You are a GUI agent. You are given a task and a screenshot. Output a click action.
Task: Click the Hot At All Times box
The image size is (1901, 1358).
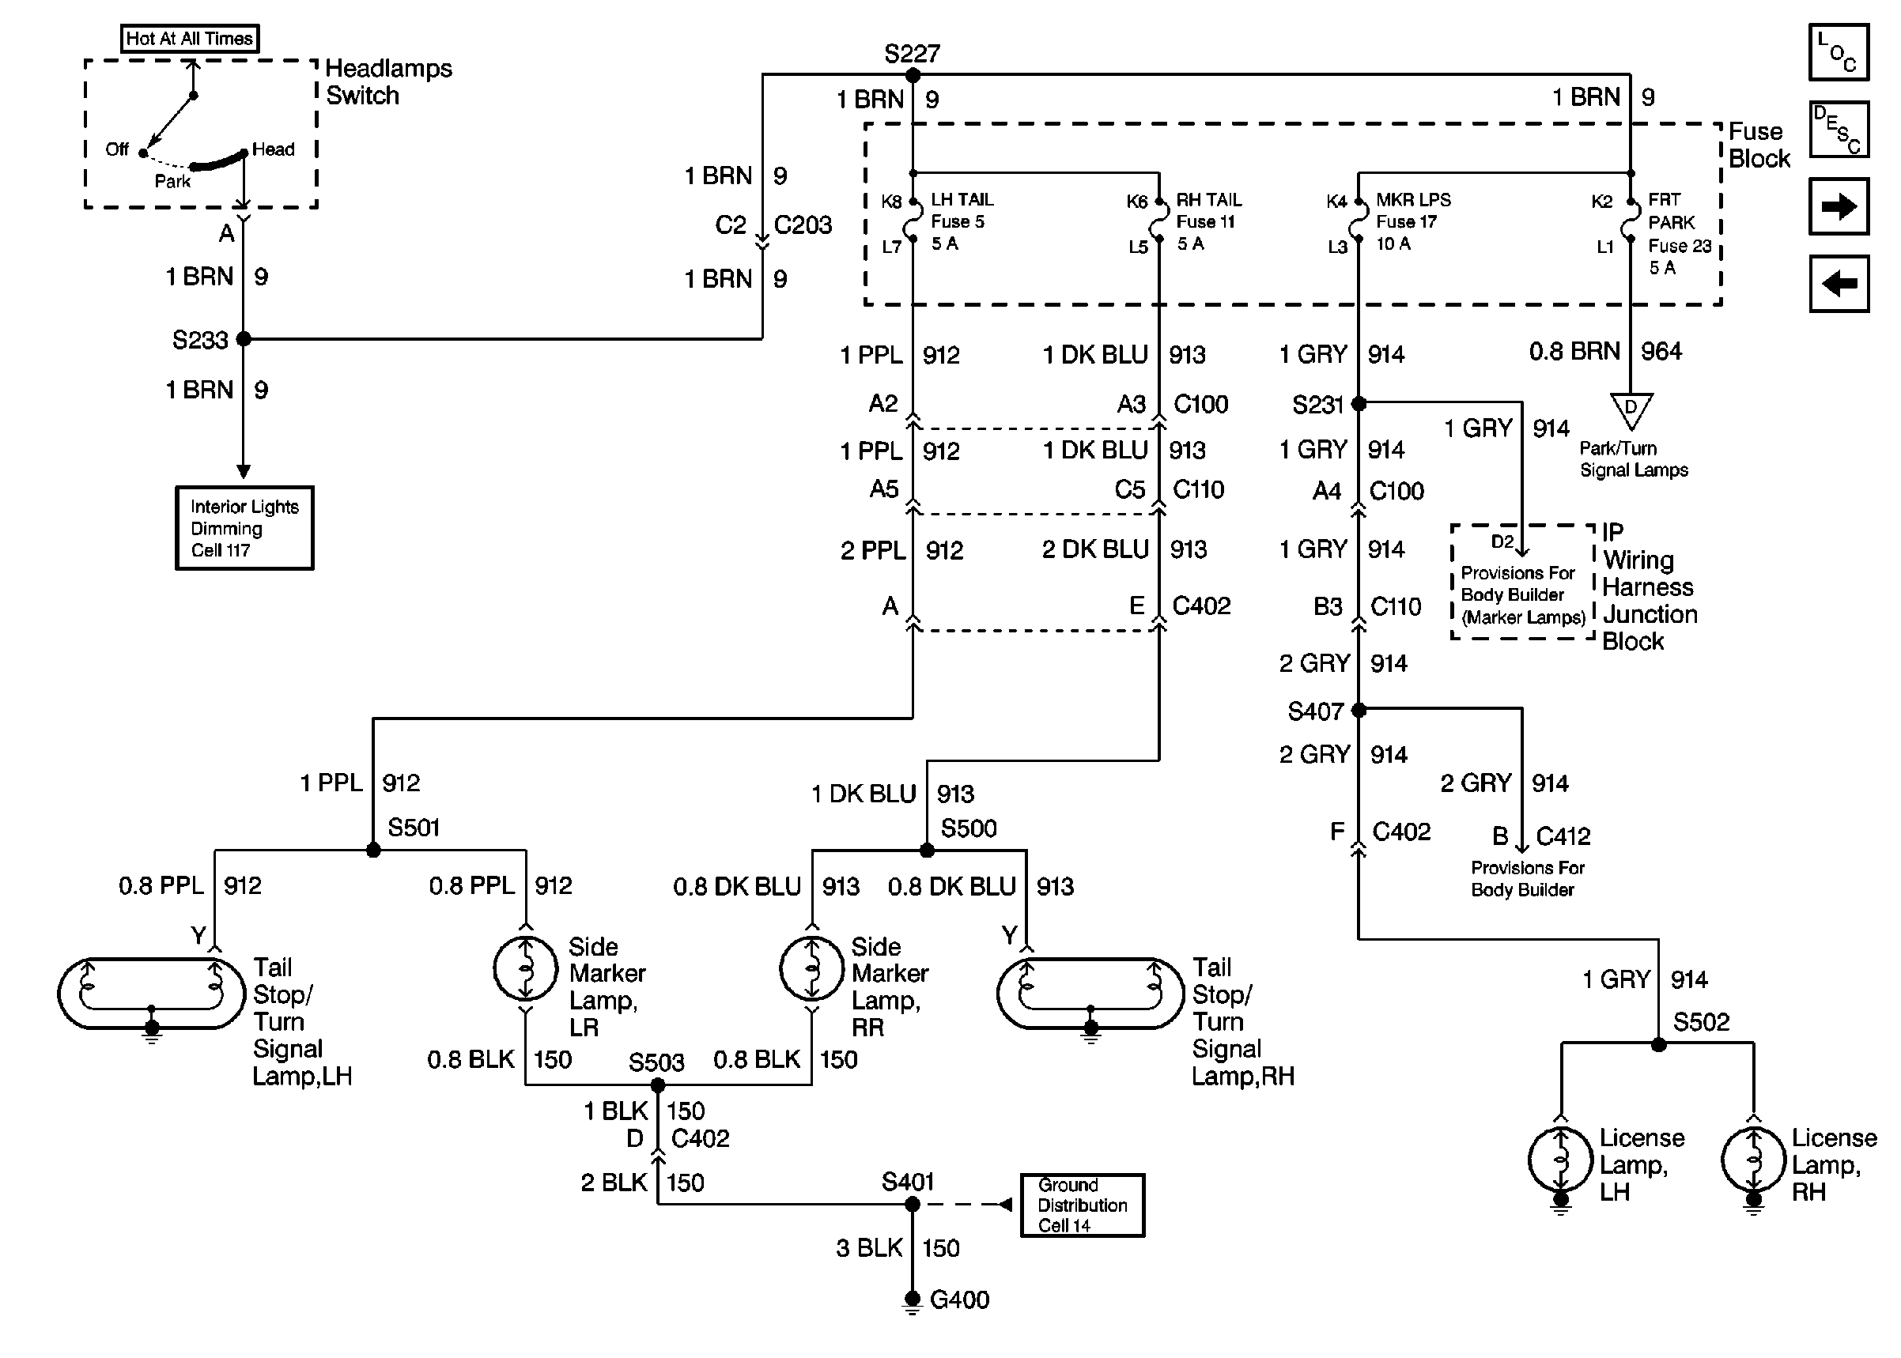point(190,39)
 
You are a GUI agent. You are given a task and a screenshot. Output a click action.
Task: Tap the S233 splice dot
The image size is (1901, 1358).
point(244,338)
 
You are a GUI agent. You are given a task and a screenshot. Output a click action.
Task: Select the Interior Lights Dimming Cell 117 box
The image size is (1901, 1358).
point(244,528)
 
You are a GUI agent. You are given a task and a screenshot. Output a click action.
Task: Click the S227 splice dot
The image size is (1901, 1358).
point(913,75)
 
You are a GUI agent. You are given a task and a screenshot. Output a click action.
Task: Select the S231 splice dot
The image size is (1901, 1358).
point(1359,404)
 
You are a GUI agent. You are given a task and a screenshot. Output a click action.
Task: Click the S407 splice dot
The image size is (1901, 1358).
point(1359,710)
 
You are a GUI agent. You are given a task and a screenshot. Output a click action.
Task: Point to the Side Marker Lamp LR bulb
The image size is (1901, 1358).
point(525,968)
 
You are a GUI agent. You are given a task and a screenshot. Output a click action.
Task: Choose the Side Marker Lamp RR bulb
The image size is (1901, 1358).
point(811,968)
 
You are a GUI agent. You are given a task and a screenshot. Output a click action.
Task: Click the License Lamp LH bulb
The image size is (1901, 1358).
point(1561,1160)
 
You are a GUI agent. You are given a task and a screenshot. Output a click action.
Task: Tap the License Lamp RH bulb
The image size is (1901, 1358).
point(1754,1160)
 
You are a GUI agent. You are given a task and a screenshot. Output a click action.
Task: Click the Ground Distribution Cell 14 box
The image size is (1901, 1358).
point(1083,1205)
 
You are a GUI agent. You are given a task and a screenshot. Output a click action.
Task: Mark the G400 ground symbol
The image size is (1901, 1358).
point(913,1302)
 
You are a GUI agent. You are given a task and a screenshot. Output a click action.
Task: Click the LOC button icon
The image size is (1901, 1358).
point(1839,52)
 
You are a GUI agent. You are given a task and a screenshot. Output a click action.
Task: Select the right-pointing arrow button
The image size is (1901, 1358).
point(1839,206)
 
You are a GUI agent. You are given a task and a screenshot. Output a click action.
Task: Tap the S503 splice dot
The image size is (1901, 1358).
point(657,1085)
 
